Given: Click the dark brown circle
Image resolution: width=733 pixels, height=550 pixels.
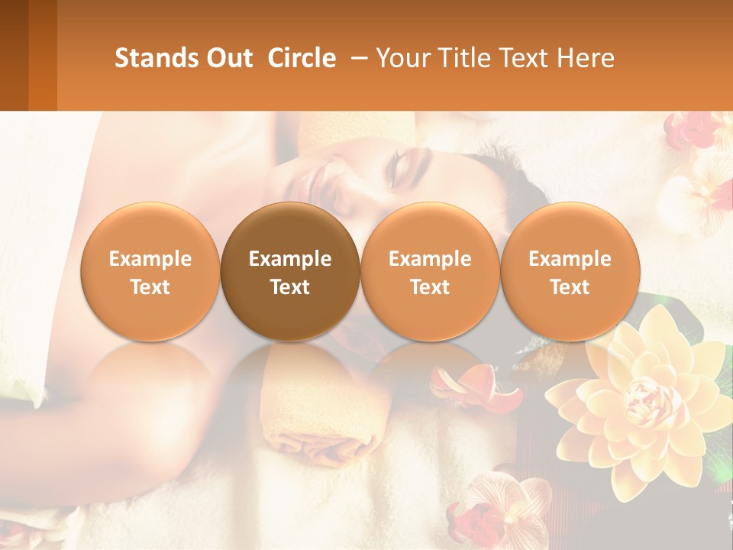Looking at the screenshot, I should coord(290,271).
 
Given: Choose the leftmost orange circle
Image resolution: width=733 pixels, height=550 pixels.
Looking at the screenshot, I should coord(150,271).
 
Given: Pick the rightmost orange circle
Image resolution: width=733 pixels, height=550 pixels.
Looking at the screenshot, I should coord(570,271).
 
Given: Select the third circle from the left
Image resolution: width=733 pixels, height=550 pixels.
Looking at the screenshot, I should coord(430,271).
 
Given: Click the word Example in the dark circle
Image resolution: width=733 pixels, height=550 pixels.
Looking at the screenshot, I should coord(290,259).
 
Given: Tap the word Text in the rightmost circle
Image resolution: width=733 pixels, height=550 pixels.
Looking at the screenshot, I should coord(570,287).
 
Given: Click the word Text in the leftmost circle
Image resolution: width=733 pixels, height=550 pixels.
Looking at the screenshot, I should coord(150,287).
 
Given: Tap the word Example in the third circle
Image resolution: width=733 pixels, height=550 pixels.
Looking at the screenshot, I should coord(430,259).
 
